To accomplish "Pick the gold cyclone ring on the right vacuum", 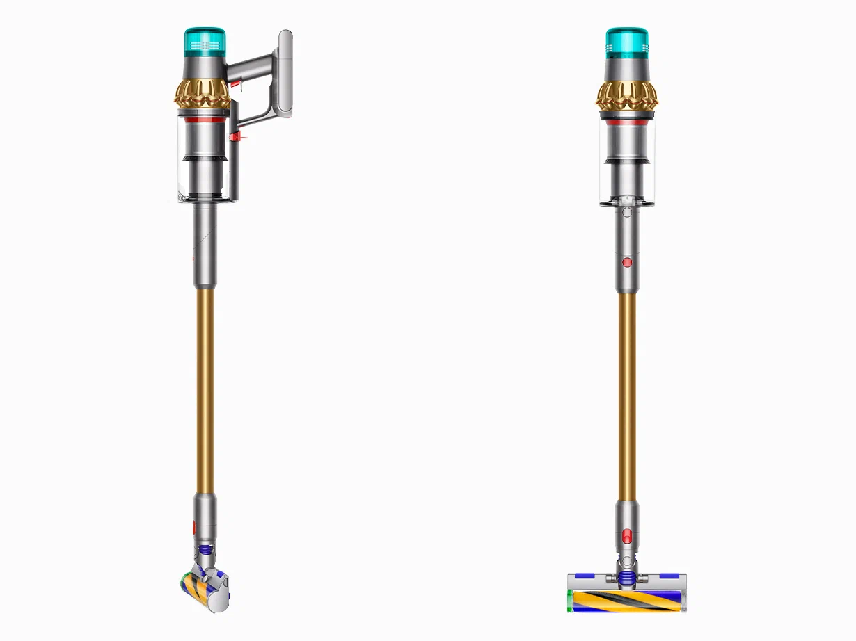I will [x=626, y=95].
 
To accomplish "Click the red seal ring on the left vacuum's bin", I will [x=207, y=120].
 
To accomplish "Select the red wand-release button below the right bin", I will [x=626, y=262].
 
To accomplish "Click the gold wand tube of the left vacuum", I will [x=205, y=389].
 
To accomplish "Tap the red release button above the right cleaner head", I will [x=626, y=535].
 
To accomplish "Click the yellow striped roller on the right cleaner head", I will [x=626, y=600].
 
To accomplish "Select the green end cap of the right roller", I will [x=571, y=599].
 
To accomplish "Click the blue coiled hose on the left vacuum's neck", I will [x=205, y=549].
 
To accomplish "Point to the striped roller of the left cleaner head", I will [x=192, y=588].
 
